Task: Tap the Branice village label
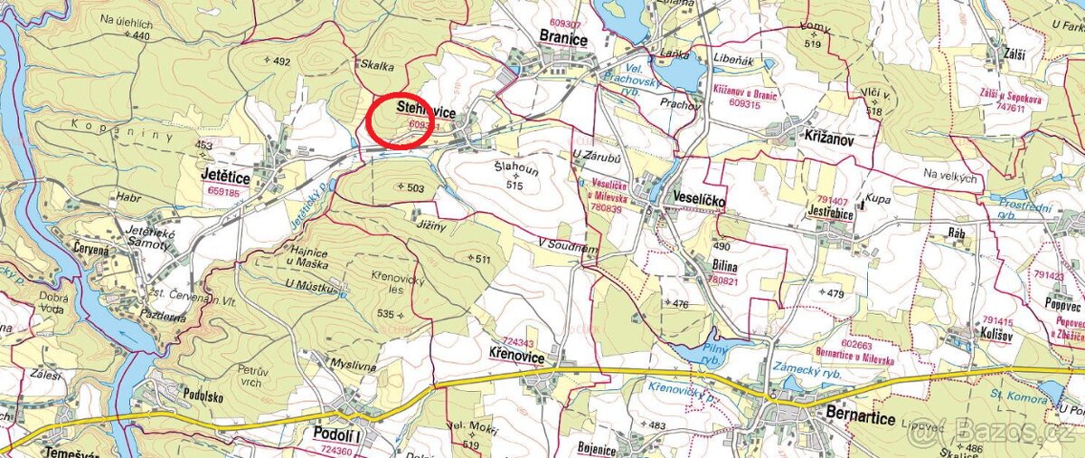pyautogui.click(x=563, y=39)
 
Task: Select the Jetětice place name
pyautogui.click(x=226, y=178)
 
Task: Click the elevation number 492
pyautogui.click(x=282, y=61)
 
